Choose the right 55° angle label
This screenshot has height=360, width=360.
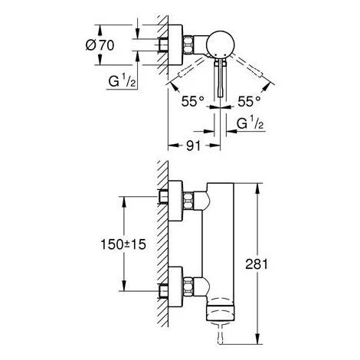[x=249, y=100]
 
